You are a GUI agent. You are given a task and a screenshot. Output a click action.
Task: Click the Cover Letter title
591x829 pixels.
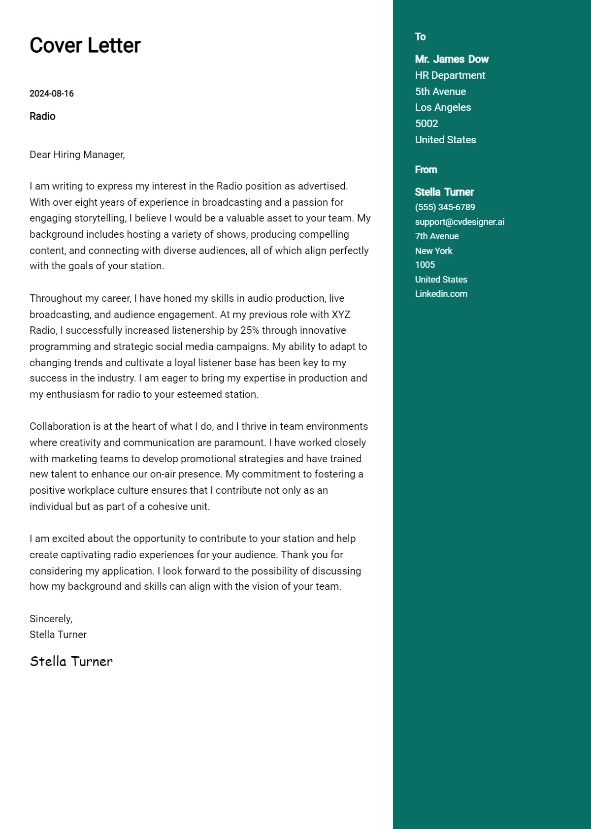[x=85, y=45]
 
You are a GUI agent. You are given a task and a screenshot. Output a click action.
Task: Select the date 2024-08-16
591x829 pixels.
[x=52, y=94]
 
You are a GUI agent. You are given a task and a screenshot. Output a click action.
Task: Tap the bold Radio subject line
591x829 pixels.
[x=42, y=116]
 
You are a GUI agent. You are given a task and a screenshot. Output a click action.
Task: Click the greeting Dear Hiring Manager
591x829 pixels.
[x=77, y=155]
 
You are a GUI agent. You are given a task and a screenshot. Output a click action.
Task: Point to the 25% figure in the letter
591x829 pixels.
[x=250, y=330]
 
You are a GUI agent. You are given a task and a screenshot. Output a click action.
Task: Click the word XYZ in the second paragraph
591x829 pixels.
[x=341, y=315]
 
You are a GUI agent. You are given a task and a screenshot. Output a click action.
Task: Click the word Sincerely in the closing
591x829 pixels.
[x=51, y=619]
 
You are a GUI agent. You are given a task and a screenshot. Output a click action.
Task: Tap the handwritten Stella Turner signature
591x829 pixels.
[x=71, y=661]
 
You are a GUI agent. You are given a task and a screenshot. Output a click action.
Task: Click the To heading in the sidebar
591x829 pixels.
[x=420, y=37]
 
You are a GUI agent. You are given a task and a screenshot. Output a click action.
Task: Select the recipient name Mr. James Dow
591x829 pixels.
[x=452, y=59]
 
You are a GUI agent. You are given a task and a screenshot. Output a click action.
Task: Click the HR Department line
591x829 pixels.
[x=450, y=75]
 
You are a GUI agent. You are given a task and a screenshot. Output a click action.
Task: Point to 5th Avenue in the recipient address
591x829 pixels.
[x=440, y=92]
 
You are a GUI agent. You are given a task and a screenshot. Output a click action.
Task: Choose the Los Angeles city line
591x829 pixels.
[x=443, y=107]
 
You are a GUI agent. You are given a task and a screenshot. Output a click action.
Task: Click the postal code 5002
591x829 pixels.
[x=427, y=124]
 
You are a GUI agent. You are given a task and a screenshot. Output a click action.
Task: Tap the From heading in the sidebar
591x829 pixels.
[x=426, y=170]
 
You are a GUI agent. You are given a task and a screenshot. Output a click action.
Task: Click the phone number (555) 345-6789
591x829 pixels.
[x=445, y=207]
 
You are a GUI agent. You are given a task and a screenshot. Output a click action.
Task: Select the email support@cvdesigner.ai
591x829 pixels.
[x=460, y=222]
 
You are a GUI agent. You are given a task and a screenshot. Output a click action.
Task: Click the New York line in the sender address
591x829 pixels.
[x=433, y=251]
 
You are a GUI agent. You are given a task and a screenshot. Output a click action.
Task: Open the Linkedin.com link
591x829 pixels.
[x=441, y=294]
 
